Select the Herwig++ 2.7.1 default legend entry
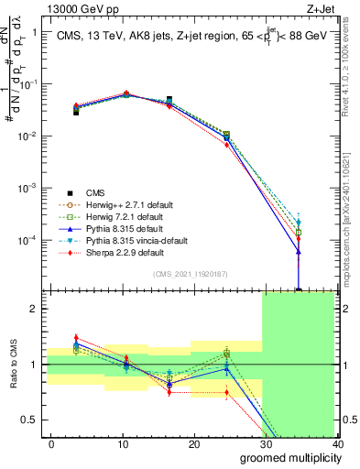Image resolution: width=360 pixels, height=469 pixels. tap(127, 204)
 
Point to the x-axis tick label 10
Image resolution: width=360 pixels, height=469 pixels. tap(122, 443)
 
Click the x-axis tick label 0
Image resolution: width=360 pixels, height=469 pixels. tap(51, 443)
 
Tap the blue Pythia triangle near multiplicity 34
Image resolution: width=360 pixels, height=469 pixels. tap(299, 251)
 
